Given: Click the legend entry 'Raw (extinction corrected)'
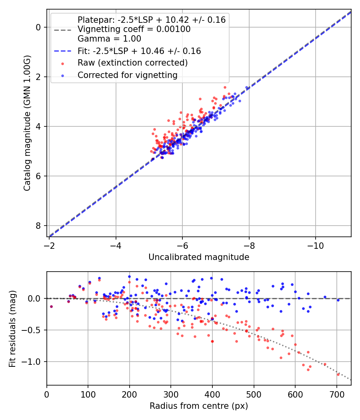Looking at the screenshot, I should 132,63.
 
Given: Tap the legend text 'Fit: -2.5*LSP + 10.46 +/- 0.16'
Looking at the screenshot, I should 139,51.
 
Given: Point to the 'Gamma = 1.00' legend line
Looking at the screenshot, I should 109,39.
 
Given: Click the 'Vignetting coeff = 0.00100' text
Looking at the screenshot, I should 134,29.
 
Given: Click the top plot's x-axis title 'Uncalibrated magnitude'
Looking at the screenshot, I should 199,257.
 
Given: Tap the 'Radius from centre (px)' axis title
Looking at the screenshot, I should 199,406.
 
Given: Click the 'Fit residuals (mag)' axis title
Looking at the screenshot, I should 12,328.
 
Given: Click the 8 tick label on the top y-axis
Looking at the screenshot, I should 38,226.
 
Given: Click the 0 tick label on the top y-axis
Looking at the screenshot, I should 38,27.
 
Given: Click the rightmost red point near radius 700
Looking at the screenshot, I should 338,374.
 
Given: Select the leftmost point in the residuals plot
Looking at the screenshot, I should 51,306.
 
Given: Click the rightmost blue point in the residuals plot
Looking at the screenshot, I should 338,300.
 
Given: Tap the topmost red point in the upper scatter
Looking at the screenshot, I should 225,87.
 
